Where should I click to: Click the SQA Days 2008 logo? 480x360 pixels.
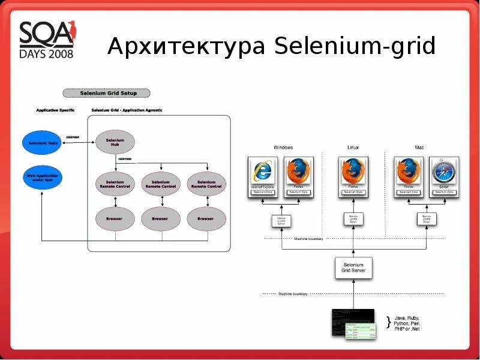[x=47, y=40]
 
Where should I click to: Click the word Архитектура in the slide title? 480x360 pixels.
[x=186, y=47]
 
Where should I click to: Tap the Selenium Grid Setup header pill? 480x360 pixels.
[x=107, y=93]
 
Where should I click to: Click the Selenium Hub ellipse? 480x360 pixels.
[x=115, y=142]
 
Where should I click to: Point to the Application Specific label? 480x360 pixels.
[x=55, y=110]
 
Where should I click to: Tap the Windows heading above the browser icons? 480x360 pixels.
[x=283, y=148]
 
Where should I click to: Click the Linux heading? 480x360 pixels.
[x=353, y=148]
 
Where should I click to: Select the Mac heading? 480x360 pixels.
[x=419, y=148]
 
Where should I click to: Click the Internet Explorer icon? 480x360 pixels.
[x=263, y=172]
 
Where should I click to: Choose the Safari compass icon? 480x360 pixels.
[x=444, y=172]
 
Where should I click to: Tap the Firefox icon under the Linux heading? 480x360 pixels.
[x=353, y=172]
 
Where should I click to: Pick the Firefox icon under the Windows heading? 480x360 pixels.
[x=298, y=172]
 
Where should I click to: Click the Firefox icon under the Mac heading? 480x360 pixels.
[x=409, y=172]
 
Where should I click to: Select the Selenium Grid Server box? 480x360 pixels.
[x=353, y=268]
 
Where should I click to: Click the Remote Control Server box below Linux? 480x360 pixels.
[x=353, y=219]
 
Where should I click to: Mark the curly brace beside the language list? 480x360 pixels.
[x=388, y=322]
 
